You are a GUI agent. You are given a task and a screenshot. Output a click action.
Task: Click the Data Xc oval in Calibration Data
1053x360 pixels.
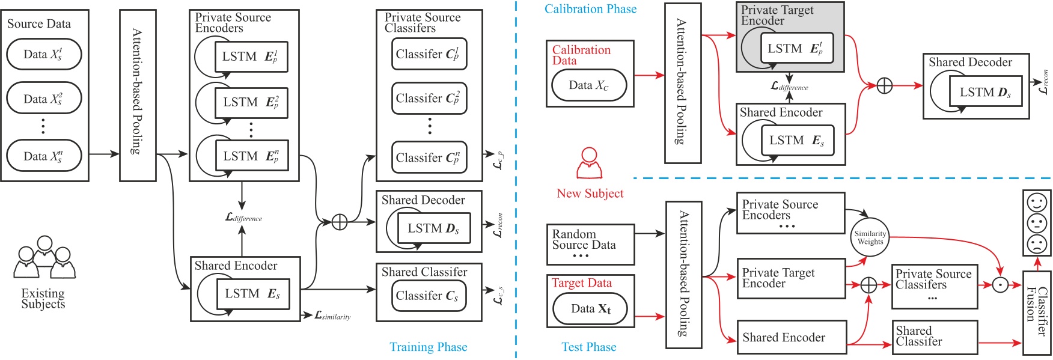coord(589,85)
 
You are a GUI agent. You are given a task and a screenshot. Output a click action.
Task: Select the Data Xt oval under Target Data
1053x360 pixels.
coord(590,308)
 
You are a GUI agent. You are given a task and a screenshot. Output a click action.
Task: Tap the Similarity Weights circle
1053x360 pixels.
coord(870,237)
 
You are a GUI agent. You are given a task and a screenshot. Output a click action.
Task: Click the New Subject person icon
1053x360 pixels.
coord(589,163)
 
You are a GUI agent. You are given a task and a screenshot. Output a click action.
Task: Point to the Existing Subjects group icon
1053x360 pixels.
coord(44,258)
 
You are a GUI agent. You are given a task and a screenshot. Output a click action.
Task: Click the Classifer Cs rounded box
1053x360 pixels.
coord(429,296)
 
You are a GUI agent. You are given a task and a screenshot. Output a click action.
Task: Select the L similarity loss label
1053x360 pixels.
coord(332,316)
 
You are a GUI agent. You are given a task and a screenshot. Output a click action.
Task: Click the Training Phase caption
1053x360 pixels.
coord(428,347)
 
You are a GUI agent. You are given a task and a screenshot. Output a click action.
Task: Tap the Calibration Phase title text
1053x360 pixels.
coord(590,9)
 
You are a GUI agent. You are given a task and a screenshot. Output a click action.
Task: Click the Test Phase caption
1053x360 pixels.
coord(588,347)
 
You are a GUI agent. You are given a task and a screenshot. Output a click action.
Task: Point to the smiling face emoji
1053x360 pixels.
coord(1037,203)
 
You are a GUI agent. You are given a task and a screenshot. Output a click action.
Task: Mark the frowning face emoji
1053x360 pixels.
coord(1037,244)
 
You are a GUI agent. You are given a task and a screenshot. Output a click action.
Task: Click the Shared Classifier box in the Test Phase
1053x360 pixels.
coord(934,337)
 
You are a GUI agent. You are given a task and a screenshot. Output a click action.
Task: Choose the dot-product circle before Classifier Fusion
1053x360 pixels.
coord(1000,285)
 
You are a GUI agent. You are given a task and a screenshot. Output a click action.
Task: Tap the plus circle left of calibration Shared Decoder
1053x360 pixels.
coord(884,86)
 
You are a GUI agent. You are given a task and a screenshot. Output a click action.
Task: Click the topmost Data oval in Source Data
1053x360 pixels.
coord(44,54)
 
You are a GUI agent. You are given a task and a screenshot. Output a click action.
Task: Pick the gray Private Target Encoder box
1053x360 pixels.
coord(790,37)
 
